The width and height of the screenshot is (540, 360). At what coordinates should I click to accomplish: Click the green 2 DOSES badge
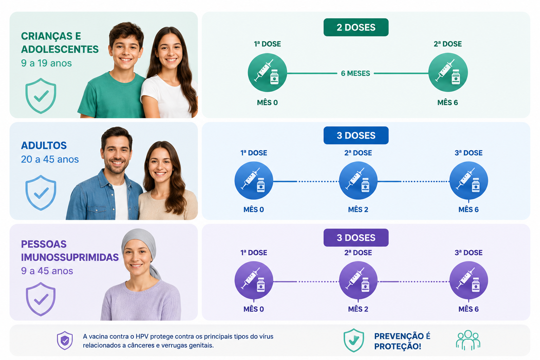(x=356, y=27)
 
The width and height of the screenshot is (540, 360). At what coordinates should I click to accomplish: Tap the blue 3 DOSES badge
(x=356, y=135)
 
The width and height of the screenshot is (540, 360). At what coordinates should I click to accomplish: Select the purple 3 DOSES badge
(x=356, y=238)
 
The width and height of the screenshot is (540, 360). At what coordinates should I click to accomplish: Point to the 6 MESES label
(x=355, y=73)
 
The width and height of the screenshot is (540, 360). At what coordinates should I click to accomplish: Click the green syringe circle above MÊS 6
(x=448, y=72)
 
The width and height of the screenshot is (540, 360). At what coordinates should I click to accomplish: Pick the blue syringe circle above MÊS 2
(x=358, y=180)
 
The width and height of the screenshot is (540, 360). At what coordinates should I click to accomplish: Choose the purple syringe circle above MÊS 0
(x=253, y=280)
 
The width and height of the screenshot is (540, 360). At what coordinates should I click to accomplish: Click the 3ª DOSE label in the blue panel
(x=468, y=153)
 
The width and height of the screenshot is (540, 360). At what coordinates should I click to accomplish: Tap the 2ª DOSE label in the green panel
(x=448, y=44)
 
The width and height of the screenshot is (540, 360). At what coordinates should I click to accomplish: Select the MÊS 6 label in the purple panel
(x=468, y=309)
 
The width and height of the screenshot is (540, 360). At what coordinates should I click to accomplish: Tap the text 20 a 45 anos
(x=50, y=159)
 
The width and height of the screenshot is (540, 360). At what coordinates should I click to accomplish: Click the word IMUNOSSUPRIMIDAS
(x=70, y=257)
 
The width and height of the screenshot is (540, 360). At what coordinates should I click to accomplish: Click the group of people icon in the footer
(x=468, y=340)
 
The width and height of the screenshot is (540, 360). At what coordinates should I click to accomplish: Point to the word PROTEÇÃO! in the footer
(x=398, y=347)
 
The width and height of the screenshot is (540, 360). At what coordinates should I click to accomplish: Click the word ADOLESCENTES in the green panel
(x=60, y=49)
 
